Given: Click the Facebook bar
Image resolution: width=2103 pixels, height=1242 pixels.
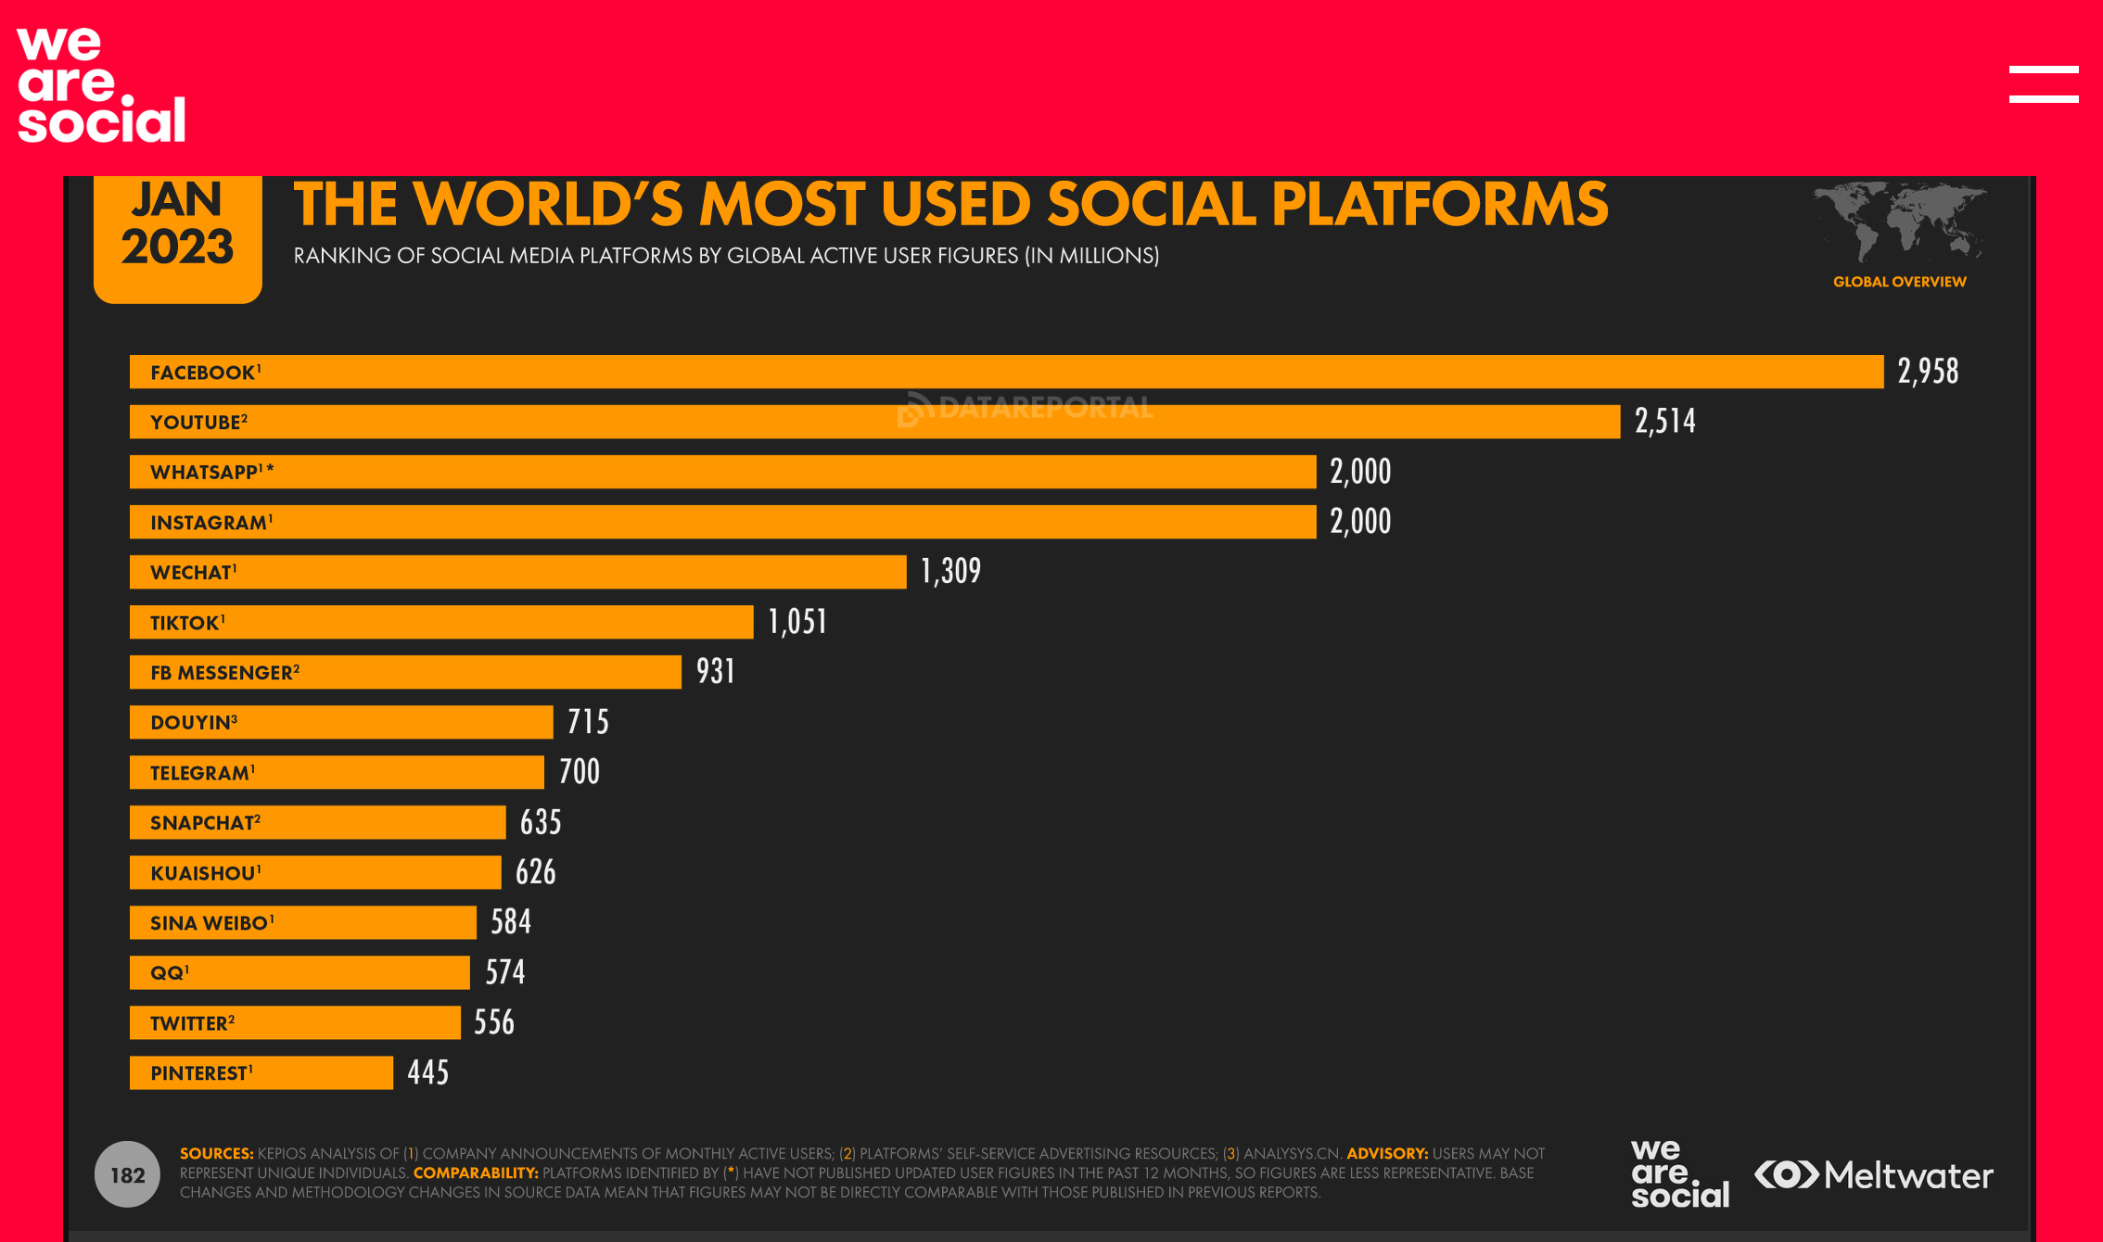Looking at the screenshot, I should [1006, 372].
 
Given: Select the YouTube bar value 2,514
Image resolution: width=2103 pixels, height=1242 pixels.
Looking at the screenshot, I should [1664, 422].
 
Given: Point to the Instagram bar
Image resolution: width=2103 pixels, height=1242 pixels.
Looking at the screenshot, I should [723, 522].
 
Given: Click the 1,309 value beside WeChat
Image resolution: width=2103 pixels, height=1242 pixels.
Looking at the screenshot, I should [950, 572].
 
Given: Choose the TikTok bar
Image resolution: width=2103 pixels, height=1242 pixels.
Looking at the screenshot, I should [441, 622].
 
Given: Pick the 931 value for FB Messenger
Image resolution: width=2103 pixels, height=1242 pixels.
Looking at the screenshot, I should [716, 672].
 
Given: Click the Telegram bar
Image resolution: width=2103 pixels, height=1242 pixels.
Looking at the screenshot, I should [337, 772].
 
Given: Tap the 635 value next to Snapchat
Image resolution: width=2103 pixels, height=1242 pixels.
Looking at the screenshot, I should [541, 822].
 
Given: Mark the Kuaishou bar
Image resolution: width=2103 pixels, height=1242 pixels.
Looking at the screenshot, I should [315, 872].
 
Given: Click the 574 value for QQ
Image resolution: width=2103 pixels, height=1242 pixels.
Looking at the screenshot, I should [505, 972].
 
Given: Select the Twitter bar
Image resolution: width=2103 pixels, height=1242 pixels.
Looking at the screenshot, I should [295, 1022].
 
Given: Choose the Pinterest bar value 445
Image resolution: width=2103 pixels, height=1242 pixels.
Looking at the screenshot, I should [427, 1072].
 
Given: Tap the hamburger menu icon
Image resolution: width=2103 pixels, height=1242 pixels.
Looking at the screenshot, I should [2043, 84].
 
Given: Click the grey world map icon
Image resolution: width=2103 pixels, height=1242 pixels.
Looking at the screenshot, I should [1899, 222].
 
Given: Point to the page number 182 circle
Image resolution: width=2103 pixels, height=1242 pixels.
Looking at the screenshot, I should [128, 1174].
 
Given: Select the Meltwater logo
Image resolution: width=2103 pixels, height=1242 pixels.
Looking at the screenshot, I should [1874, 1175].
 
